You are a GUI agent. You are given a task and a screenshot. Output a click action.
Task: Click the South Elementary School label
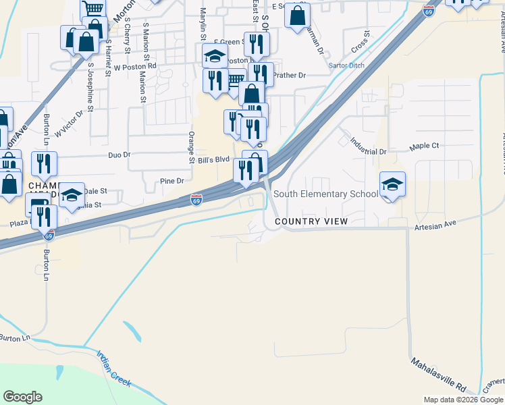(325, 194)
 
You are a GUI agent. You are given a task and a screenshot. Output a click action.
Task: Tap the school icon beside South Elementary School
(392, 184)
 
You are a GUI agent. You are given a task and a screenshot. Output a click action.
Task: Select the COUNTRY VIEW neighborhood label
(311, 221)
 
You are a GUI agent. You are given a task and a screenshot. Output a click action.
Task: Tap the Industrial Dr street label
(368, 146)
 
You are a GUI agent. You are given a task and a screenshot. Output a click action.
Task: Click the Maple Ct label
(425, 146)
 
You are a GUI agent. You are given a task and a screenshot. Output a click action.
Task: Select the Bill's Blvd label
(213, 160)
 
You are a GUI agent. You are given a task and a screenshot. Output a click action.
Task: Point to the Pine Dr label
(172, 181)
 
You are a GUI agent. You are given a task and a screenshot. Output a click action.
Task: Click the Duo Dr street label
(119, 155)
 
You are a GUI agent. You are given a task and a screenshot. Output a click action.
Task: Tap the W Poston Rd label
(135, 67)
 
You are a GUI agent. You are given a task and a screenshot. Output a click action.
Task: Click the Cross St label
(360, 43)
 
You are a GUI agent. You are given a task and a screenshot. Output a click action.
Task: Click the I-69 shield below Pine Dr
(196, 200)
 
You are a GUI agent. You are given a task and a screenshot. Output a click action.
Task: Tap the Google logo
(23, 397)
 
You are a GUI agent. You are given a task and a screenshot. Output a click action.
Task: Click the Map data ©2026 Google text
(463, 400)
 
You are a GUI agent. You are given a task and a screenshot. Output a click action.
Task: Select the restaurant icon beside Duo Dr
(44, 164)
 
